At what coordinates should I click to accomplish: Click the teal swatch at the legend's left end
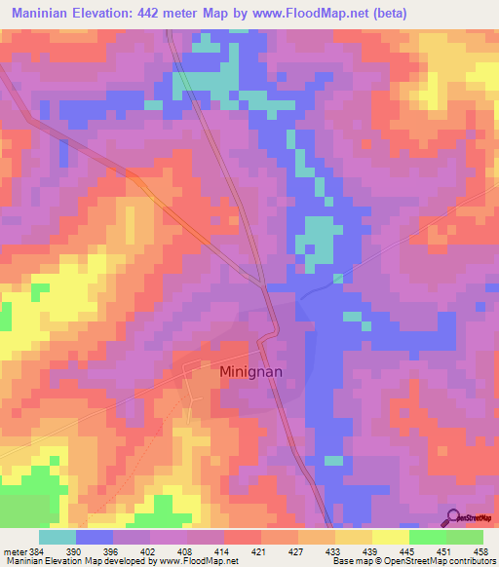coord(58,537)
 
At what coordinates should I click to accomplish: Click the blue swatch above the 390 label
coord(95,537)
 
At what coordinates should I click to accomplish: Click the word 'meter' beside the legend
coord(16,550)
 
